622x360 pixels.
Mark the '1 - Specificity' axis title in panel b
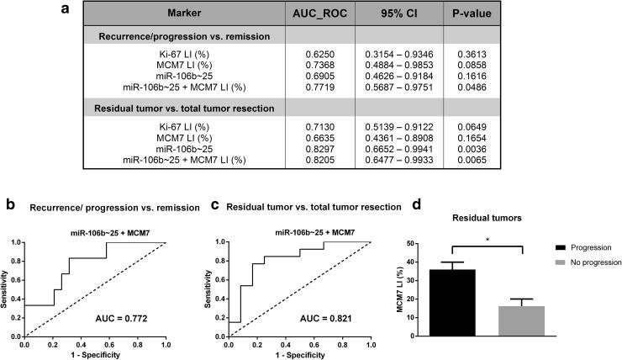(x=94, y=354)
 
